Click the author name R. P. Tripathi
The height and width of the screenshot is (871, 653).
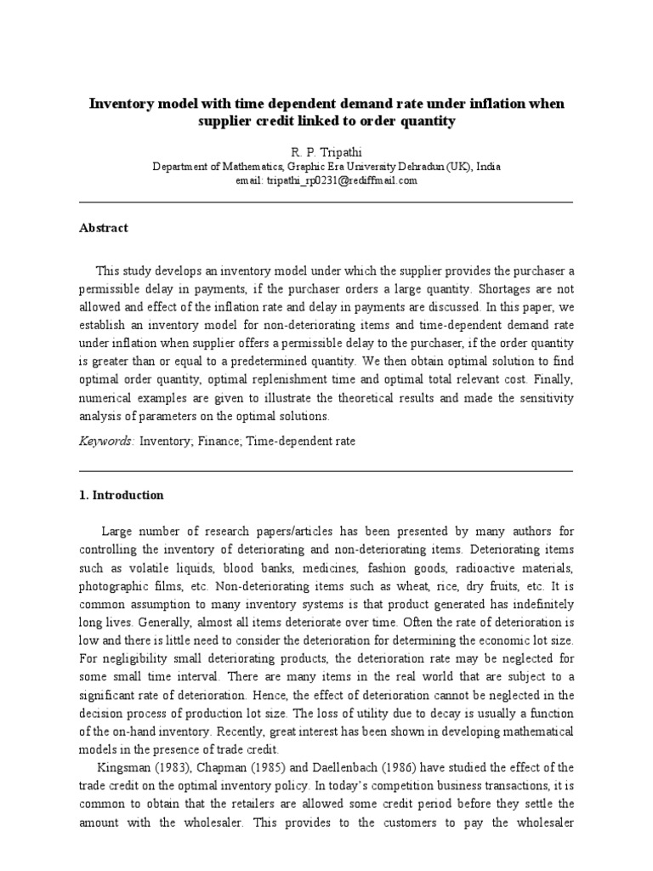point(326,150)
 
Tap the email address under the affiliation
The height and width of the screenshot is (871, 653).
point(326,180)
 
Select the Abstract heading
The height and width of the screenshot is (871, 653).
point(104,228)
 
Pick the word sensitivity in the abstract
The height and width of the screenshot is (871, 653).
point(545,399)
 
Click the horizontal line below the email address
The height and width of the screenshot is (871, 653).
point(326,202)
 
